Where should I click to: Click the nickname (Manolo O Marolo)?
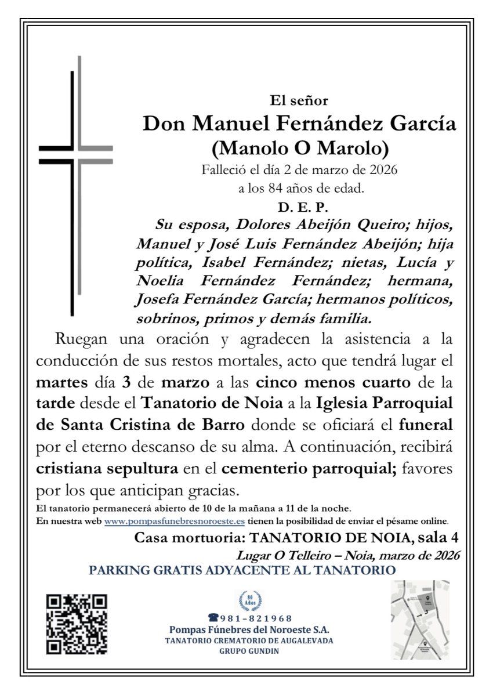pos(300,149)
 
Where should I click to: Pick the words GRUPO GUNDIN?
pos(249,651)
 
